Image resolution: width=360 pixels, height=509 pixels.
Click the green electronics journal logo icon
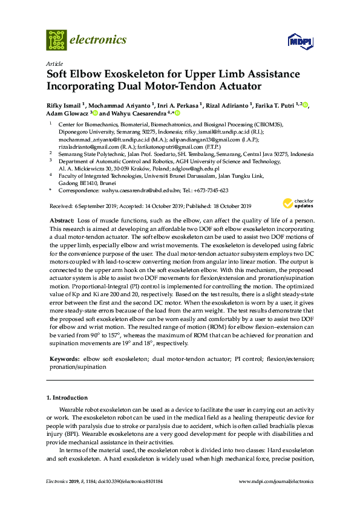point(56,40)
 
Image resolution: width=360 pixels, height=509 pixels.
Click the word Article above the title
point(54,63)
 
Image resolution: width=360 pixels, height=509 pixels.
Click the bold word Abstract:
point(62,221)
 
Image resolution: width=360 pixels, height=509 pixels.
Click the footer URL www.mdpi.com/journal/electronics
point(277,481)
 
